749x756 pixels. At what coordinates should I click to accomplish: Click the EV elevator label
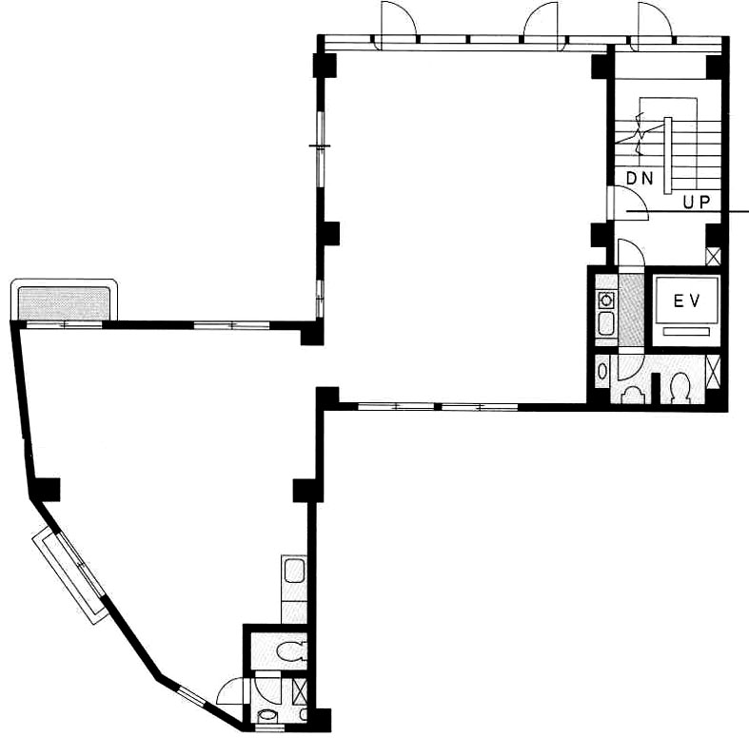tap(686, 301)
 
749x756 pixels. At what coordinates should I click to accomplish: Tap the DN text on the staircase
tap(640, 179)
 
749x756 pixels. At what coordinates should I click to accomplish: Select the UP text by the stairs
tap(697, 202)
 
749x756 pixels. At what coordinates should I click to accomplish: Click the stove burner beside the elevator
tap(605, 300)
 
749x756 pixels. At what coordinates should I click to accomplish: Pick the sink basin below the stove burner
tap(605, 322)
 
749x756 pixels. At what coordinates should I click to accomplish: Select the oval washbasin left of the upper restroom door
tap(602, 371)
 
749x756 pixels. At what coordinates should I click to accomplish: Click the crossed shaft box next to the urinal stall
tap(713, 371)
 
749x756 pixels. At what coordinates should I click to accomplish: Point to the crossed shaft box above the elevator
tap(713, 256)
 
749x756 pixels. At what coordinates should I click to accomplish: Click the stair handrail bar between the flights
tap(668, 155)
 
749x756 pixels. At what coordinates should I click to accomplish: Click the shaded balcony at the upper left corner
tap(64, 303)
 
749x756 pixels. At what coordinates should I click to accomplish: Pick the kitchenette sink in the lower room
tap(294, 571)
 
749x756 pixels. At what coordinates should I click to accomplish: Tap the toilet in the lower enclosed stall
tap(291, 651)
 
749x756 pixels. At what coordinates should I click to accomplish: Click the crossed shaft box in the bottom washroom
tap(300, 692)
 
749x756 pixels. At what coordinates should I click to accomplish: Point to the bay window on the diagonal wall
tap(69, 574)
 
